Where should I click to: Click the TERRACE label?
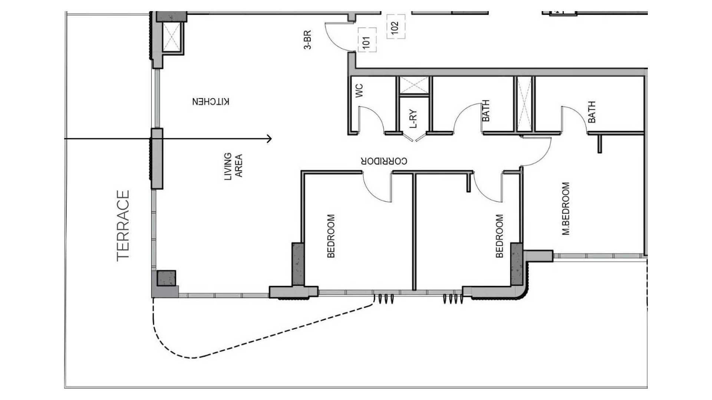click(123, 226)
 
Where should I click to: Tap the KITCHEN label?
click(211, 101)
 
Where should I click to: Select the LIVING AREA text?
click(234, 167)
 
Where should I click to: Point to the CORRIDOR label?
click(384, 161)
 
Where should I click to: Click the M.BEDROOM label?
click(566, 209)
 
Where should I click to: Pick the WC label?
click(359, 91)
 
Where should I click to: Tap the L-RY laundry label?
click(414, 119)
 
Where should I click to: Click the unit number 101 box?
click(367, 40)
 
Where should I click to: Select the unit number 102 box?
click(396, 26)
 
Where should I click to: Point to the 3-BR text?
click(307, 40)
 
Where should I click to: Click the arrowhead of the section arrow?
click(270, 139)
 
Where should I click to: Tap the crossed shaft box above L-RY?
click(414, 86)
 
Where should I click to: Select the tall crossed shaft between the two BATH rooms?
click(524, 104)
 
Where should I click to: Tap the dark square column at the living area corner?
click(166, 278)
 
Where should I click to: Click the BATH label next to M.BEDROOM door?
click(592, 112)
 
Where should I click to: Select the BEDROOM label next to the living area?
click(331, 236)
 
